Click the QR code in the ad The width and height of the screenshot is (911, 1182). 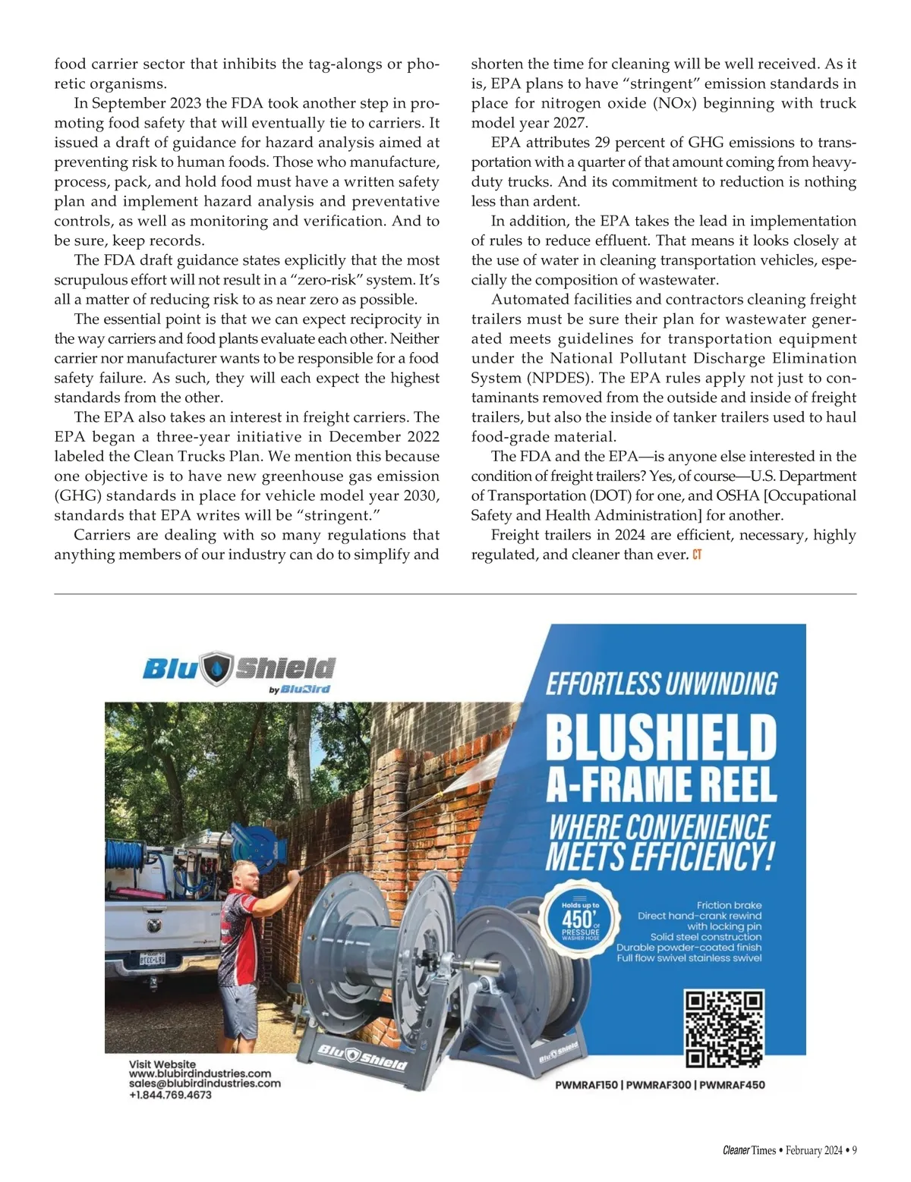point(723,1028)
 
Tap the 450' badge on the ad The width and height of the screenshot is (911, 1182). point(581,920)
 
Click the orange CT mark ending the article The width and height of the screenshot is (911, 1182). point(697,555)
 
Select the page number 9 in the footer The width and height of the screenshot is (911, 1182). point(854,1150)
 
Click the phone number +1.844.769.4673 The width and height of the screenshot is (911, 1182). point(170,1095)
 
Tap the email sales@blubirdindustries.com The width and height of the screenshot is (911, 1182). point(204,1083)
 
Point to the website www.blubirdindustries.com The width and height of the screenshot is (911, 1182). point(200,1074)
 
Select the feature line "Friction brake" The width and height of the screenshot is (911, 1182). point(729,905)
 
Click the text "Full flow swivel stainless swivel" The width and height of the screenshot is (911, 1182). point(689,958)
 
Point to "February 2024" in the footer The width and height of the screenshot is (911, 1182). point(814,1150)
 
